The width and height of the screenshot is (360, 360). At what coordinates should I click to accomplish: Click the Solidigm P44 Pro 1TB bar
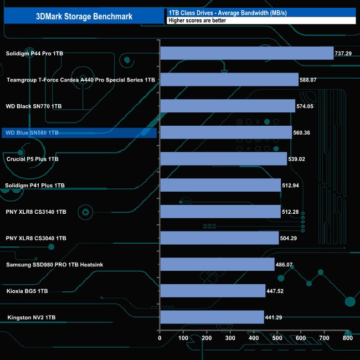click(246, 53)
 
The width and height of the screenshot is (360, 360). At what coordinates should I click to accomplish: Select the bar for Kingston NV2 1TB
click(212, 317)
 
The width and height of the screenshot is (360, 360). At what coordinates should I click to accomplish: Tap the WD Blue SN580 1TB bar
click(225, 132)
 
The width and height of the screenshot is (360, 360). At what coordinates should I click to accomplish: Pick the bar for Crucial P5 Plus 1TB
click(223, 159)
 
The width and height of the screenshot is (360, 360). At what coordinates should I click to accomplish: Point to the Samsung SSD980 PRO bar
click(217, 265)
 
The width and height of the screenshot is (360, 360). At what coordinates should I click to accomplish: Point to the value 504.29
click(292, 238)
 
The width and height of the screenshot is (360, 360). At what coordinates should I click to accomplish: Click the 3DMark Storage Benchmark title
click(83, 17)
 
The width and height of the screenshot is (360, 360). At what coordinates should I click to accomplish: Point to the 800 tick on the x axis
click(347, 338)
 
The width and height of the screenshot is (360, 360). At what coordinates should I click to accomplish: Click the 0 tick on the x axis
click(160, 338)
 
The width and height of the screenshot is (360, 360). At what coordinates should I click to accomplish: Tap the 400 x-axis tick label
click(253, 338)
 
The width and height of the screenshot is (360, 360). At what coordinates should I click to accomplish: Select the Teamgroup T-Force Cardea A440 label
click(80, 80)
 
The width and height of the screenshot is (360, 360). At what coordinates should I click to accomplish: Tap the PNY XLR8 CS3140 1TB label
click(36, 212)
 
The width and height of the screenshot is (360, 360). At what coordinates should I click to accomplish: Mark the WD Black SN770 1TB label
click(34, 106)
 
